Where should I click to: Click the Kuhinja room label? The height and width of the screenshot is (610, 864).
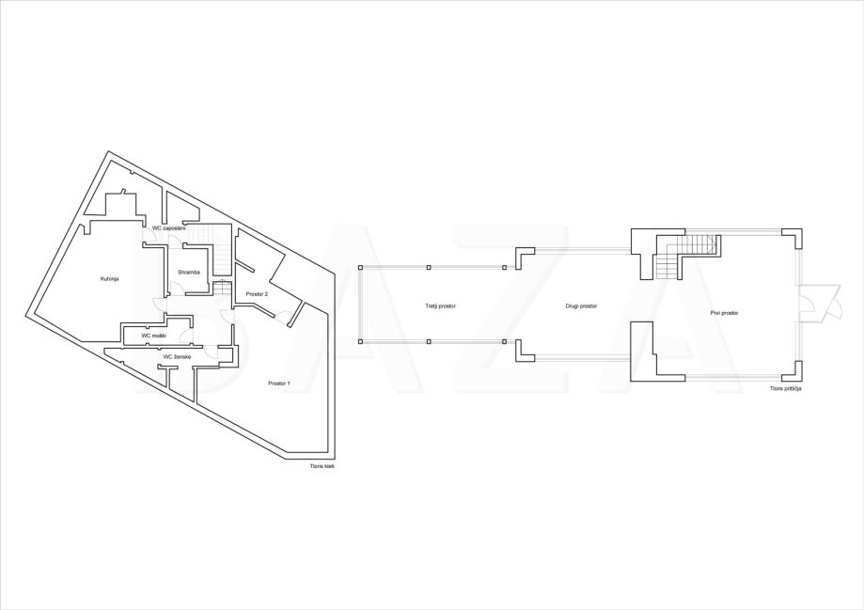click(x=109, y=279)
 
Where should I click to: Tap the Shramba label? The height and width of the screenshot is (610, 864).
click(x=188, y=273)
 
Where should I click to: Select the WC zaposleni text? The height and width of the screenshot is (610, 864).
click(x=169, y=228)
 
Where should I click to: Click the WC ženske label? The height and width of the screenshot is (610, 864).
click(x=177, y=357)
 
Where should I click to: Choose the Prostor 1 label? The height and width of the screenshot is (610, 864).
click(x=279, y=383)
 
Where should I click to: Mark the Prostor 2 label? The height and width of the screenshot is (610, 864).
click(x=257, y=294)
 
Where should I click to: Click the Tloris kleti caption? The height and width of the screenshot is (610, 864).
click(x=322, y=466)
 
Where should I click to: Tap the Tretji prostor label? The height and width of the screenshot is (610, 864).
click(x=440, y=305)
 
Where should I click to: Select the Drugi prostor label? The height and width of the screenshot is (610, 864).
click(x=581, y=305)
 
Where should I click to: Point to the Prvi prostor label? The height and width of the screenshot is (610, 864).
click(x=724, y=313)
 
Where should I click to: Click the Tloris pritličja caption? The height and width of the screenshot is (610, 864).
click(x=785, y=388)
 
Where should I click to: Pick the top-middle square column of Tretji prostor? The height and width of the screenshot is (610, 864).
click(x=430, y=267)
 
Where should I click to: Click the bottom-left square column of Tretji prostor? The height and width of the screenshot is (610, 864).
click(x=360, y=342)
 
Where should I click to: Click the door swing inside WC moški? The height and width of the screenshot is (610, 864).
click(x=189, y=336)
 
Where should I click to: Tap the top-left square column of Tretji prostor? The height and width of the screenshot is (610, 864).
click(x=360, y=267)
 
